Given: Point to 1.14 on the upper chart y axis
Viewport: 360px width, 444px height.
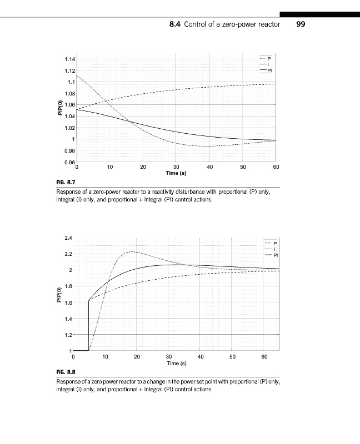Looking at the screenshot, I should [69, 59].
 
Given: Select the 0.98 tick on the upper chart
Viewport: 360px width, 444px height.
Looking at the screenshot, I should [69, 150].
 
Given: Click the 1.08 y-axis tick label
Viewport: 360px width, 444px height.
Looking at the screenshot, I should [69, 93].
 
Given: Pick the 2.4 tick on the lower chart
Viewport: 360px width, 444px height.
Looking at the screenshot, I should [69, 238].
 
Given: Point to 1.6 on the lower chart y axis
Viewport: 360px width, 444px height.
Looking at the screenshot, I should [69, 302].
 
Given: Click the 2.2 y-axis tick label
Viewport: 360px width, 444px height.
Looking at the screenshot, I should [69, 254].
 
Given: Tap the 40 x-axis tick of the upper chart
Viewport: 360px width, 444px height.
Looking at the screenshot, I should [209, 167].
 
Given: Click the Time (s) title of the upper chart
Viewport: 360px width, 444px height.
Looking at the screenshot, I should [176, 173].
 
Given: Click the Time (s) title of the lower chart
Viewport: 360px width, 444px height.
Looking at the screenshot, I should [176, 363].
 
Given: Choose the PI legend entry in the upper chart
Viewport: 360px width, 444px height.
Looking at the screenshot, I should [269, 71].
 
